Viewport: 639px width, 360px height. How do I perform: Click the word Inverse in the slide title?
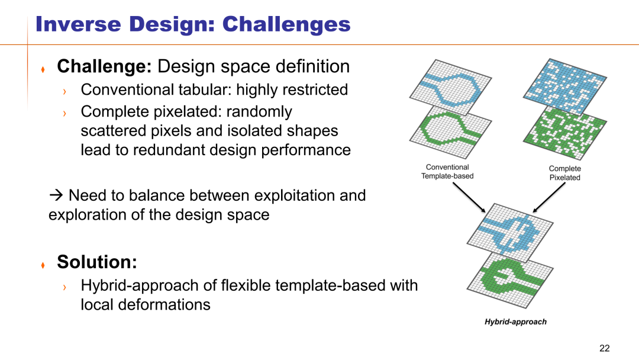(78, 24)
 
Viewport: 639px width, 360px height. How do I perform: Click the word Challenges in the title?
(286, 24)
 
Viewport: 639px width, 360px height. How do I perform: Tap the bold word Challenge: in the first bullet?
(104, 66)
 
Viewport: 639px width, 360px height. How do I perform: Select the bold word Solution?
(97, 262)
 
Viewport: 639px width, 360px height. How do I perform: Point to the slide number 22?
(604, 348)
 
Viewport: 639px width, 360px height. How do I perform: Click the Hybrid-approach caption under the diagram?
(515, 322)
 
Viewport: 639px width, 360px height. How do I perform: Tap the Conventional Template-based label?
(447, 172)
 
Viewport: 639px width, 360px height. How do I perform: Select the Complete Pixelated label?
(565, 173)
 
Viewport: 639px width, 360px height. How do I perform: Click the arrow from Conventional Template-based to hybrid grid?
(469, 197)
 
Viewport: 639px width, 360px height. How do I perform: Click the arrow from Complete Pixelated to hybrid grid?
(549, 197)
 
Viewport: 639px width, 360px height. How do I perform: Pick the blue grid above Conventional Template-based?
(450, 87)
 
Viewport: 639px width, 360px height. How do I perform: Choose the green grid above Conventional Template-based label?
(450, 131)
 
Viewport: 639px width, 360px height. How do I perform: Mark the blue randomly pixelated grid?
(565, 86)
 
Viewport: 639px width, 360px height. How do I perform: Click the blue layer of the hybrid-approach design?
(510, 232)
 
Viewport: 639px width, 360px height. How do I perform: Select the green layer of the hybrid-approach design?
(510, 279)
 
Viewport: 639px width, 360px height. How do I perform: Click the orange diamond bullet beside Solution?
(43, 265)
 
